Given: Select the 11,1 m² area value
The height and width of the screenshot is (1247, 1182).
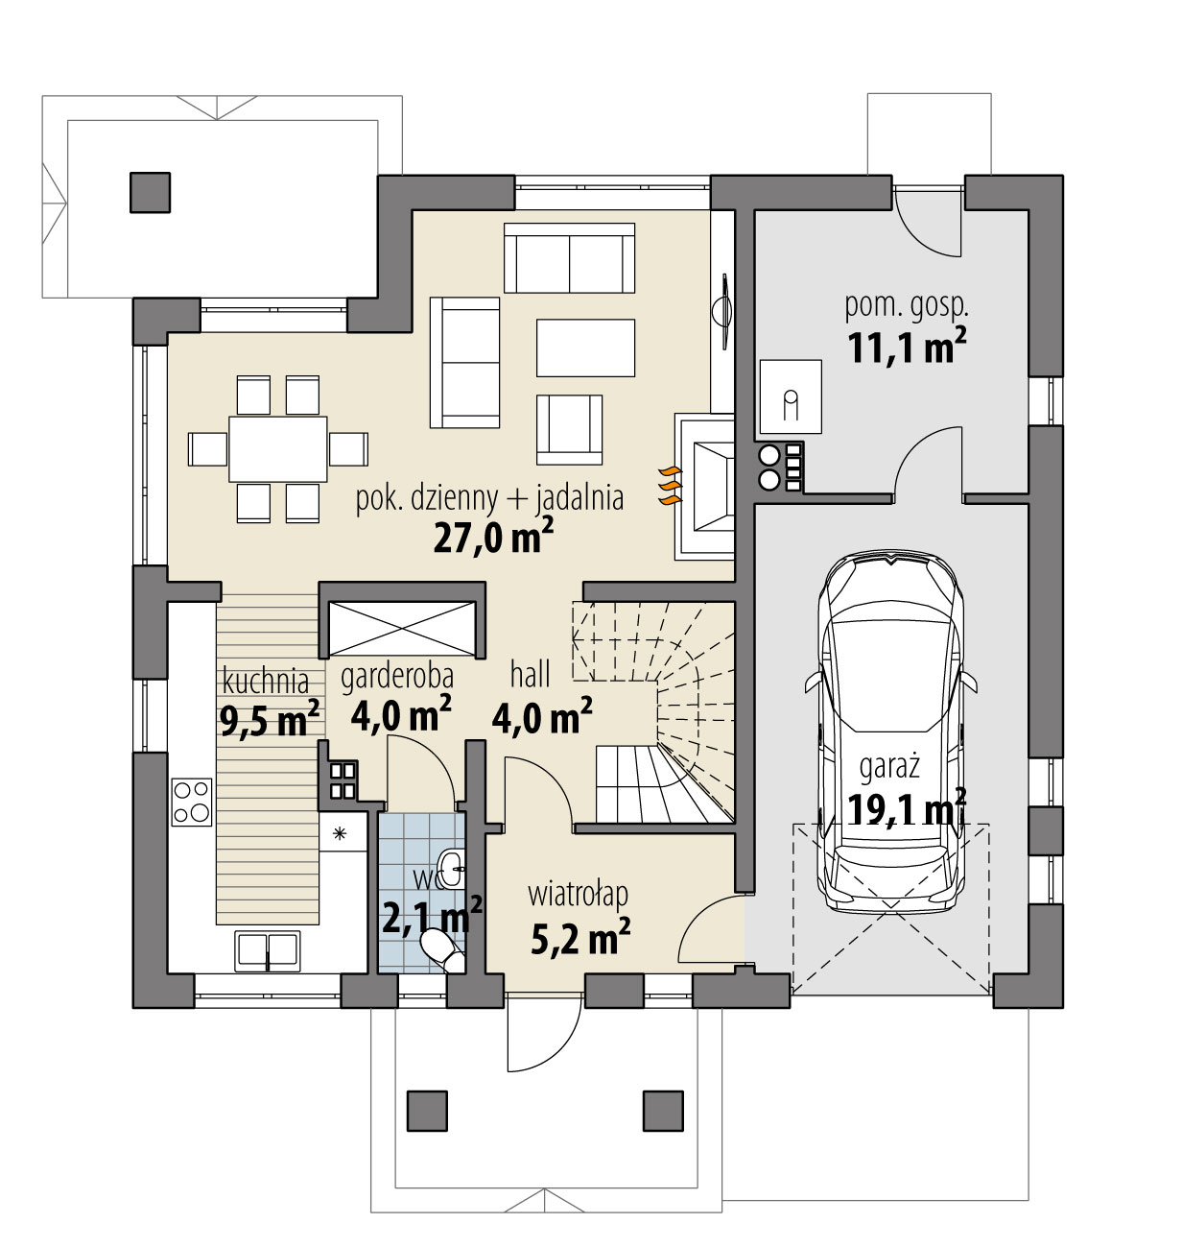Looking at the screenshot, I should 906,348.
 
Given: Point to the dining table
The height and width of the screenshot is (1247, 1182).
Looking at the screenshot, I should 277,448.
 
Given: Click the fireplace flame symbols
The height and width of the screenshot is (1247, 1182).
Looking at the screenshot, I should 669,486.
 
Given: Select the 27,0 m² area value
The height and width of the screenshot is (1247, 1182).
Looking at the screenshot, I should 493,537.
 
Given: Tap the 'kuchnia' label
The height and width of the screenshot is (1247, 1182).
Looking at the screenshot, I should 266,681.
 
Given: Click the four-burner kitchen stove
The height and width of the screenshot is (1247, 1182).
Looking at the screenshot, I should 191,802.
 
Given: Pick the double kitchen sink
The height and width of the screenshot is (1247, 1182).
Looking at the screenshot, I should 267,949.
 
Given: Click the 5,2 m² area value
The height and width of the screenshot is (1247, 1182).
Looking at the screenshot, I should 579,937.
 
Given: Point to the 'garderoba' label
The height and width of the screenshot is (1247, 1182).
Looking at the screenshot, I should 397,676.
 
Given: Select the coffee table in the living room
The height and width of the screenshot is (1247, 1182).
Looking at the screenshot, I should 585,348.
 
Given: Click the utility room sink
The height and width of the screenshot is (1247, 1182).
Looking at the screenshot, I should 791,396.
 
